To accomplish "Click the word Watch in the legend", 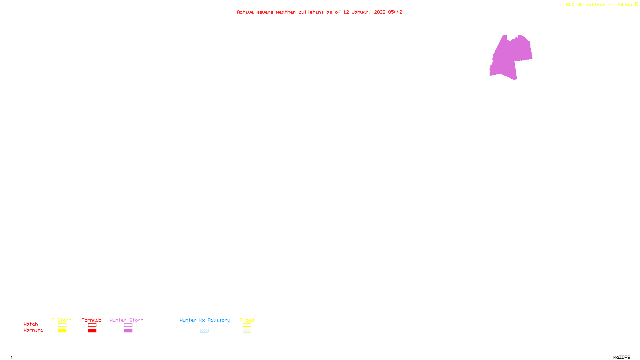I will (x=31, y=324).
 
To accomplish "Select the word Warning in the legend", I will (x=34, y=330).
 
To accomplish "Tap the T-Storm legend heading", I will (x=62, y=320).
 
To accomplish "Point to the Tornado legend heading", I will (x=92, y=320).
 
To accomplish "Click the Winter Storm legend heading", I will (x=126, y=320).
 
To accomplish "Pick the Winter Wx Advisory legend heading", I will (x=205, y=320).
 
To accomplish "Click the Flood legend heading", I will (x=247, y=320).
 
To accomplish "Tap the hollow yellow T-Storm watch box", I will (x=62, y=325).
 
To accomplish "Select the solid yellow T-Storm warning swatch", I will (x=62, y=331).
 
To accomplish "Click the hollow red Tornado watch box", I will (x=92, y=325).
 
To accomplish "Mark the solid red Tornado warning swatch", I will (x=92, y=331).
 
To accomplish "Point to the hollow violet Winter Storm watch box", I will (x=128, y=325).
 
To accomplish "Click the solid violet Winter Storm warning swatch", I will (x=128, y=331).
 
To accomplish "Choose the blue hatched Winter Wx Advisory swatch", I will (x=204, y=331).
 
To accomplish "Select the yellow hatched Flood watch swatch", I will (x=247, y=325).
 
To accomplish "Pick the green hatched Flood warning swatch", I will (x=247, y=331).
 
